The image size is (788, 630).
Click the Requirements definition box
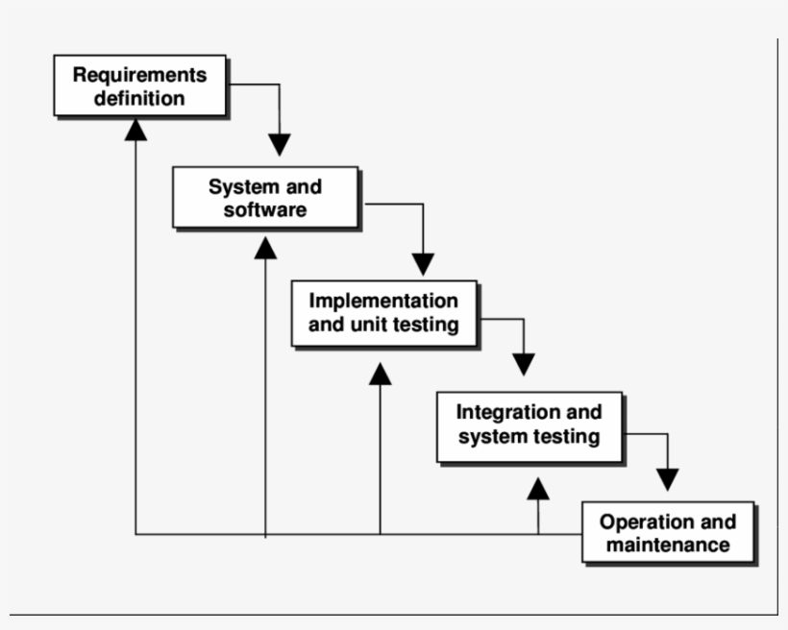(139, 85)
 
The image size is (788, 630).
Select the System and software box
(265, 197)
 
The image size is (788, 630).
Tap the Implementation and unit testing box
(383, 312)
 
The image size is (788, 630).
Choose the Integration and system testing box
(529, 424)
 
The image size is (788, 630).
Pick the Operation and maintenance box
(667, 533)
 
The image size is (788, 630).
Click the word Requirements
(139, 74)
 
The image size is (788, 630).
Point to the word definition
(139, 98)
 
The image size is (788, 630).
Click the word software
(265, 209)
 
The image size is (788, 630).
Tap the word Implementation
(383, 301)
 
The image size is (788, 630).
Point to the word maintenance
(667, 545)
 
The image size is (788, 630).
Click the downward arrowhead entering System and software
(280, 145)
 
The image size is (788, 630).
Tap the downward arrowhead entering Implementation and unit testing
(423, 263)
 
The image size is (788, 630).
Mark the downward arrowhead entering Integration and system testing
(523, 364)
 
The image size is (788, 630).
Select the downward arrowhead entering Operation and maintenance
(668, 478)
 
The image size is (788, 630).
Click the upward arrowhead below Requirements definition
(135, 128)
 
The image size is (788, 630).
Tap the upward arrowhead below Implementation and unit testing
(381, 373)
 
